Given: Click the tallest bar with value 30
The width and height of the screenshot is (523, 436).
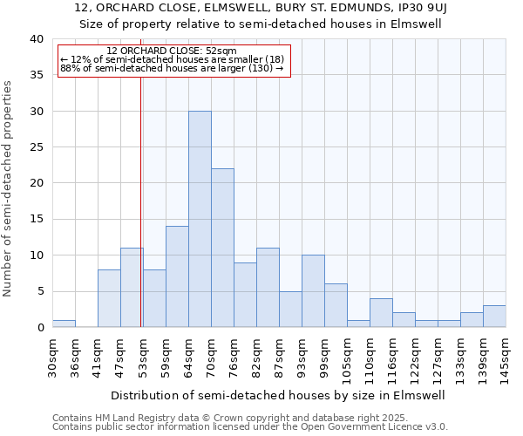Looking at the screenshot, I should [200, 219].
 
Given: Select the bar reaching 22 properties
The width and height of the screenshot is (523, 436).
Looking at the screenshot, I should [222, 248].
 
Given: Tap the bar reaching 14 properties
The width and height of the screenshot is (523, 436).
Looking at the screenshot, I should [177, 276].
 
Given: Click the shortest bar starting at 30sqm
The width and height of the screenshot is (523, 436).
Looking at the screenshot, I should [64, 324].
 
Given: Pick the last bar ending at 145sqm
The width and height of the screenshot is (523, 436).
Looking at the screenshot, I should [494, 317].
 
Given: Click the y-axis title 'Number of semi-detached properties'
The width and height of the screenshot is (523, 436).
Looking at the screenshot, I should [9, 188].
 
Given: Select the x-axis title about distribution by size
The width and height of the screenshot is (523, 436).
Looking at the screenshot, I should [279, 395].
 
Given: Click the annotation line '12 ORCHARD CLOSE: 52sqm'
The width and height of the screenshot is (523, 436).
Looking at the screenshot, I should [172, 51].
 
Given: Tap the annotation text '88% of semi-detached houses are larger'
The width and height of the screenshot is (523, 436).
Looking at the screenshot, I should [172, 68].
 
